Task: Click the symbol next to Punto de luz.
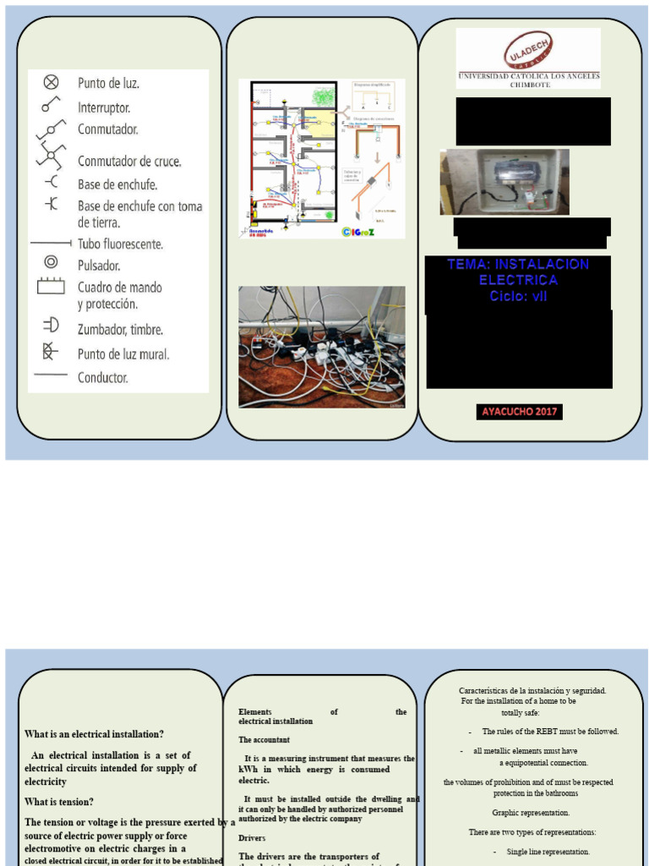(51, 82)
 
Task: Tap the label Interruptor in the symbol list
(104, 108)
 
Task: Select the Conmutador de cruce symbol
(51, 156)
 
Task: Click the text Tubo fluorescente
(120, 244)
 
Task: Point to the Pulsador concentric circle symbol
(51, 262)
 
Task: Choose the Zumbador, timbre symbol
(51, 325)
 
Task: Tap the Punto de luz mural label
(123, 354)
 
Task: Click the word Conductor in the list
(102, 377)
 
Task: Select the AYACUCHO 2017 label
(518, 412)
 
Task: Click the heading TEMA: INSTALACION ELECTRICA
(518, 271)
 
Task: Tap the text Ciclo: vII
(518, 296)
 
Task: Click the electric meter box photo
(504, 182)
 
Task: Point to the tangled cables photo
(321, 347)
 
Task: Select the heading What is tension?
(59, 802)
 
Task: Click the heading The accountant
(265, 740)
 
